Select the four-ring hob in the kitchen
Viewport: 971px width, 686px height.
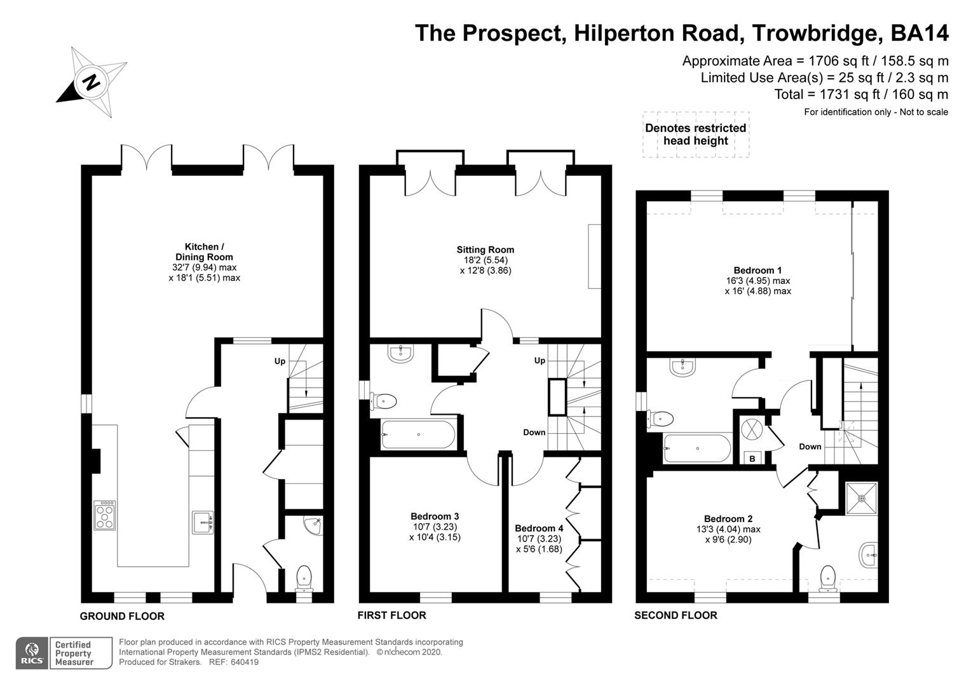105,515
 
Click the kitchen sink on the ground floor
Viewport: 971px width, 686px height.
203,523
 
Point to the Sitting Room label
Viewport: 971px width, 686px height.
485,250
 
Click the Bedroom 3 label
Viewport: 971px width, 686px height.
435,516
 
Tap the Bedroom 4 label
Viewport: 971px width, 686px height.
539,528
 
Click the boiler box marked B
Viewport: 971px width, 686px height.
752,458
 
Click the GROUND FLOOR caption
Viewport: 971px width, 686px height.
122,616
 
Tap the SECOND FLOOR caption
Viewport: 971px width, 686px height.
676,615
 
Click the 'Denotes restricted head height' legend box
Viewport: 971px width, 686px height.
695,134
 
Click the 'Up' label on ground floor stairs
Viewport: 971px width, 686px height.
280,361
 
